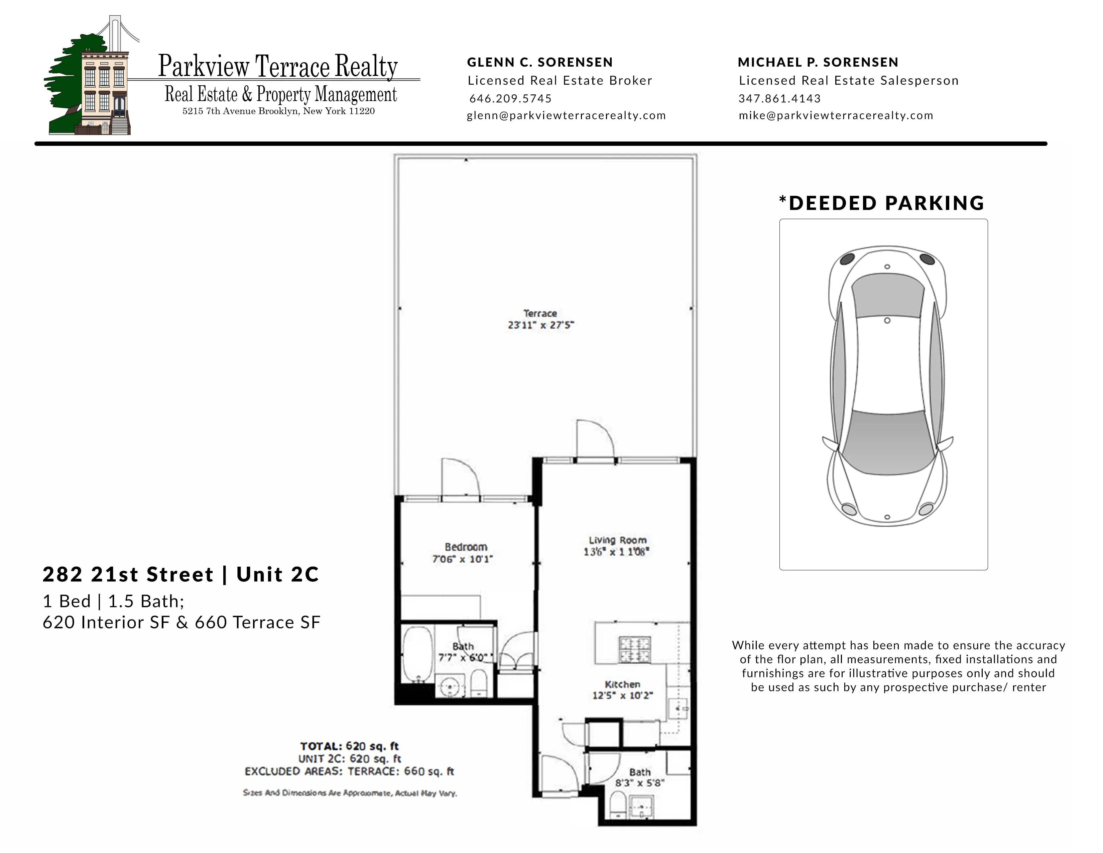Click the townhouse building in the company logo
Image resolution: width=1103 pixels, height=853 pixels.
click(104, 91)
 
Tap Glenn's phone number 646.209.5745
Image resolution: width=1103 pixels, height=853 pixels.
click(510, 99)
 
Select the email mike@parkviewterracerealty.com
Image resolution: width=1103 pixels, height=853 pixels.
click(836, 115)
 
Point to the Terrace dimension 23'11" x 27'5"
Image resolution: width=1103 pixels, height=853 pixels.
click(541, 325)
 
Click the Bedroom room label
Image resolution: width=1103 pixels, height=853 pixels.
click(466, 547)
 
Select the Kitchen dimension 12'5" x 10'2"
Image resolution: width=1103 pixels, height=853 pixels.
click(622, 696)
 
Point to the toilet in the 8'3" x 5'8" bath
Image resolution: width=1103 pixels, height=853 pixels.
click(617, 804)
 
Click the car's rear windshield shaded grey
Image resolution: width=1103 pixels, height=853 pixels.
click(888, 296)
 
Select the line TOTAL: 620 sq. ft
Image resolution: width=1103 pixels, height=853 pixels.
click(350, 746)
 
